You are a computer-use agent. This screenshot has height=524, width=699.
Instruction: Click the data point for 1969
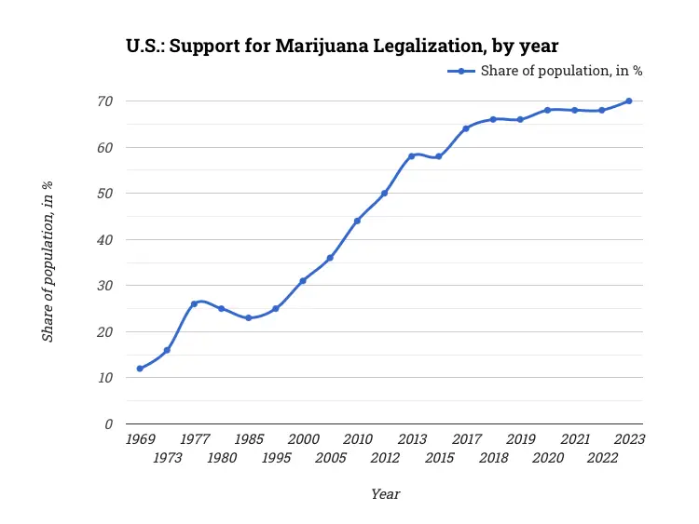coord(140,369)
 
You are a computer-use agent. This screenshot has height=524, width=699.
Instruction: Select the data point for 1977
coord(194,304)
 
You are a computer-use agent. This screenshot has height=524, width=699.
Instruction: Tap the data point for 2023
coord(629,101)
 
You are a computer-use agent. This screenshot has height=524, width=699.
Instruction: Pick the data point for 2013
coord(411,156)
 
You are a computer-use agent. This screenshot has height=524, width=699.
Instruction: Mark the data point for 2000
coord(303,281)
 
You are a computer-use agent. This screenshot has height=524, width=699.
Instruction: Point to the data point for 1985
coord(248,318)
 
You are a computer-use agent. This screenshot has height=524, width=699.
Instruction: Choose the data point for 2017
coord(466,128)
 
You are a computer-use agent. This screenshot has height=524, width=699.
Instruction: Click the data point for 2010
coord(357,221)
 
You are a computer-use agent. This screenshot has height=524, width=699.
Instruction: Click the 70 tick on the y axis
coord(105,101)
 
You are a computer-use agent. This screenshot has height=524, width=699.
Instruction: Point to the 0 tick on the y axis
coord(109,424)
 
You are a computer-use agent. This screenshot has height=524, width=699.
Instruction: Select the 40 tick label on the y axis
coord(105,239)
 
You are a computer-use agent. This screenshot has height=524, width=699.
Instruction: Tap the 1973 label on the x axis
coord(167,458)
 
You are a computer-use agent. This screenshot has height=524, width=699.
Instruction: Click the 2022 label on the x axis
coord(602,458)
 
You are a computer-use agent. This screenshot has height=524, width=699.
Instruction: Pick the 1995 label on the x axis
coord(276,458)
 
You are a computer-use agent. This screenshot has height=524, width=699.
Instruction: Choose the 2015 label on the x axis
coord(439,458)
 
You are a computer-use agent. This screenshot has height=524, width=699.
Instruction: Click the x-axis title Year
coord(385,494)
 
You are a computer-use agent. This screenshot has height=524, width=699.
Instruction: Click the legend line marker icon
coord(462,71)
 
